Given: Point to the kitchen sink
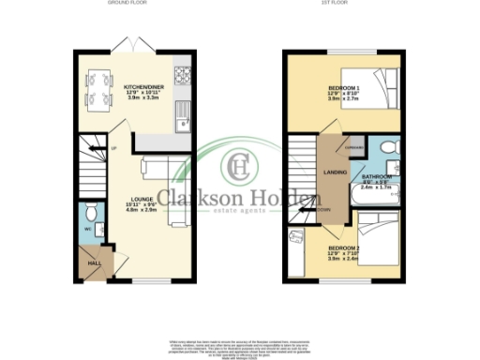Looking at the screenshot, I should coord(186,117).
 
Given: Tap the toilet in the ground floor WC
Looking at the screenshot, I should coord(90,213).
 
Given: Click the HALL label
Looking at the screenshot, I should coord(94,264).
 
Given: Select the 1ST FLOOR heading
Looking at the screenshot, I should coord(346,6).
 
